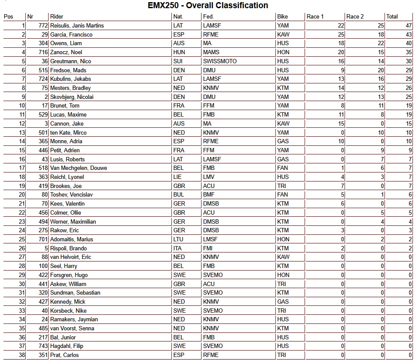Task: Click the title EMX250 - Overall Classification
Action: (x=207, y=6)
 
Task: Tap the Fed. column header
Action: (x=208, y=17)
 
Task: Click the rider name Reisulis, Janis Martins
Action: (x=77, y=26)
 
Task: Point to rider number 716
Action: (x=43, y=52)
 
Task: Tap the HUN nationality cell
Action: (x=178, y=52)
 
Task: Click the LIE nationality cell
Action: (x=177, y=177)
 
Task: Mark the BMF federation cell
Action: (x=209, y=195)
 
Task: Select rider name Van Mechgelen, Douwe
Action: (x=79, y=168)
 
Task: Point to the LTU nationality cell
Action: (x=178, y=240)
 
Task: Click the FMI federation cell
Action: (x=208, y=249)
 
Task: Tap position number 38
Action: (x=21, y=355)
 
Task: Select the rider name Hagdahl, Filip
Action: (x=67, y=346)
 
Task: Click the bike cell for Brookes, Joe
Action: (x=282, y=186)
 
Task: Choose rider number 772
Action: (x=43, y=26)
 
